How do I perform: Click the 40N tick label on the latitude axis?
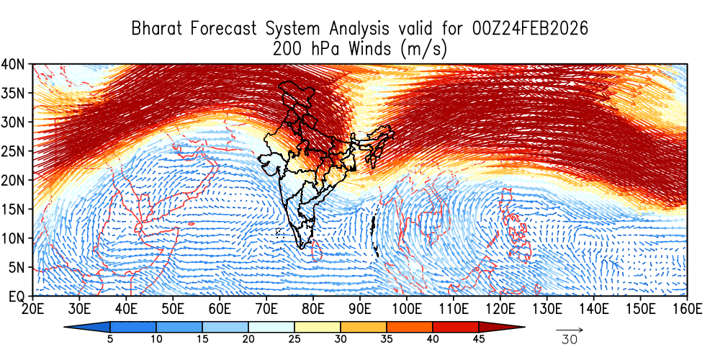coord(14,63)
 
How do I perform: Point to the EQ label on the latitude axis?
coord(16,295)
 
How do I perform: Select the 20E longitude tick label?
coord(32,309)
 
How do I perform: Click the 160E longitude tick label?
coord(687,309)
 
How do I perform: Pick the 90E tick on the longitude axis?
coord(359,309)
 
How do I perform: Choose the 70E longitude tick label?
coord(266,309)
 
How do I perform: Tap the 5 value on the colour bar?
coord(110,339)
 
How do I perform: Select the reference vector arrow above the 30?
coord(570,330)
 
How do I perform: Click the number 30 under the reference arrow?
coord(569,340)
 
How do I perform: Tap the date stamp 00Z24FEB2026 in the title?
coord(531,29)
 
